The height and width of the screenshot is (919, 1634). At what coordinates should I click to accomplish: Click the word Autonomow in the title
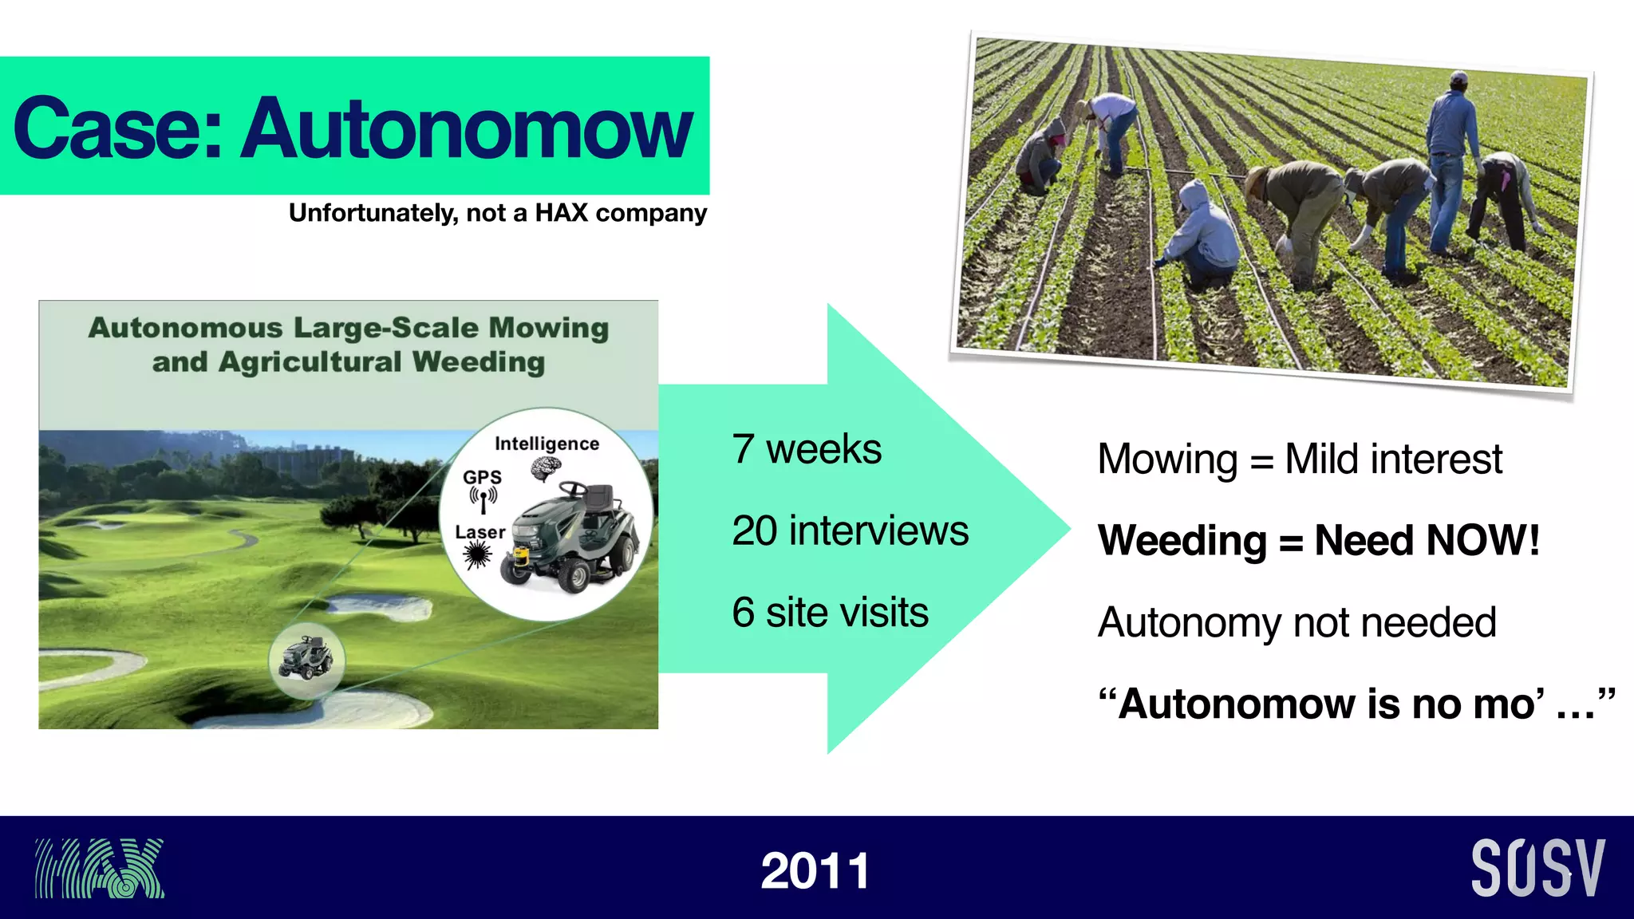[x=468, y=128]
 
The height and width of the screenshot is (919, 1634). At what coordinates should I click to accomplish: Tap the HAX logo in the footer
[x=99, y=868]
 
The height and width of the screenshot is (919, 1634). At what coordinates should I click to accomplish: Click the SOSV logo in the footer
[x=1537, y=868]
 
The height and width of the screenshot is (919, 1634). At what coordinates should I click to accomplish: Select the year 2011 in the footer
[x=815, y=870]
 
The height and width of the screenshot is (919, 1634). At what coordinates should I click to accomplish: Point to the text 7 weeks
[x=806, y=449]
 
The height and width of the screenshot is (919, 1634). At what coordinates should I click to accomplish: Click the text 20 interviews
[x=850, y=531]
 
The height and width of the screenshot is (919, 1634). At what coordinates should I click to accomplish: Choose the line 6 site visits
[x=830, y=613]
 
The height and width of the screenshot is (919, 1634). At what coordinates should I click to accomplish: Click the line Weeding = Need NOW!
[x=1318, y=541]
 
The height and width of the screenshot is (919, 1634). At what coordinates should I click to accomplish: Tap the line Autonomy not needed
[x=1297, y=622]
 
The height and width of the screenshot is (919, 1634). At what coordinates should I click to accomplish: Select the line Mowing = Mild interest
[x=1299, y=459]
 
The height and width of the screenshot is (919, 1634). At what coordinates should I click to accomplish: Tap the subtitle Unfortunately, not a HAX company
[x=497, y=213]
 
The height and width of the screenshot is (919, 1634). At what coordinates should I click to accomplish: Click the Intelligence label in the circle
[x=547, y=444]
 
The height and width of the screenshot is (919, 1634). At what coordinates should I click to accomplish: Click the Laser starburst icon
[x=478, y=554]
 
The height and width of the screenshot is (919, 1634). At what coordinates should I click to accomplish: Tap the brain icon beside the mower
[x=545, y=468]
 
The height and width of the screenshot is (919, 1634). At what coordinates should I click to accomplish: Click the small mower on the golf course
[x=306, y=658]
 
